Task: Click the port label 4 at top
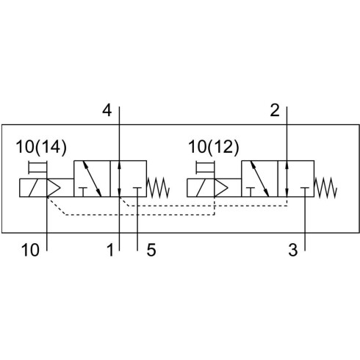(x=107, y=110)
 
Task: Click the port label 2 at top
(x=275, y=110)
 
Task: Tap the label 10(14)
(x=41, y=148)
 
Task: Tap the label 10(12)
(x=213, y=148)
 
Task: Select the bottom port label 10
(x=30, y=250)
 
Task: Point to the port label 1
(x=111, y=250)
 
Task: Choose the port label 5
(x=151, y=250)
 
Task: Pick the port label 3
(x=293, y=250)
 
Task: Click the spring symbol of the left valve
(x=158, y=187)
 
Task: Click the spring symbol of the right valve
(x=325, y=187)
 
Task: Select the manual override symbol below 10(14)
(x=37, y=168)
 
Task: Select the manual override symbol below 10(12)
(x=205, y=168)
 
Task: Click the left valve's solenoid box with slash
(x=33, y=188)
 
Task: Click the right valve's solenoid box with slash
(x=201, y=188)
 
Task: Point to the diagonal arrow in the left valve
(x=92, y=179)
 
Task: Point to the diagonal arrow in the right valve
(x=259, y=179)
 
